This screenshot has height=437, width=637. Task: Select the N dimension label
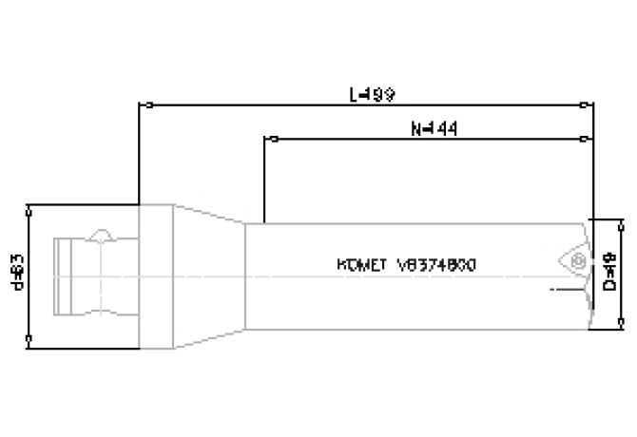coord(430,128)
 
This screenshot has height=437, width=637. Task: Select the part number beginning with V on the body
coord(436,265)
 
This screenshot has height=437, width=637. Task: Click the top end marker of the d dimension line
coord(31,206)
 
